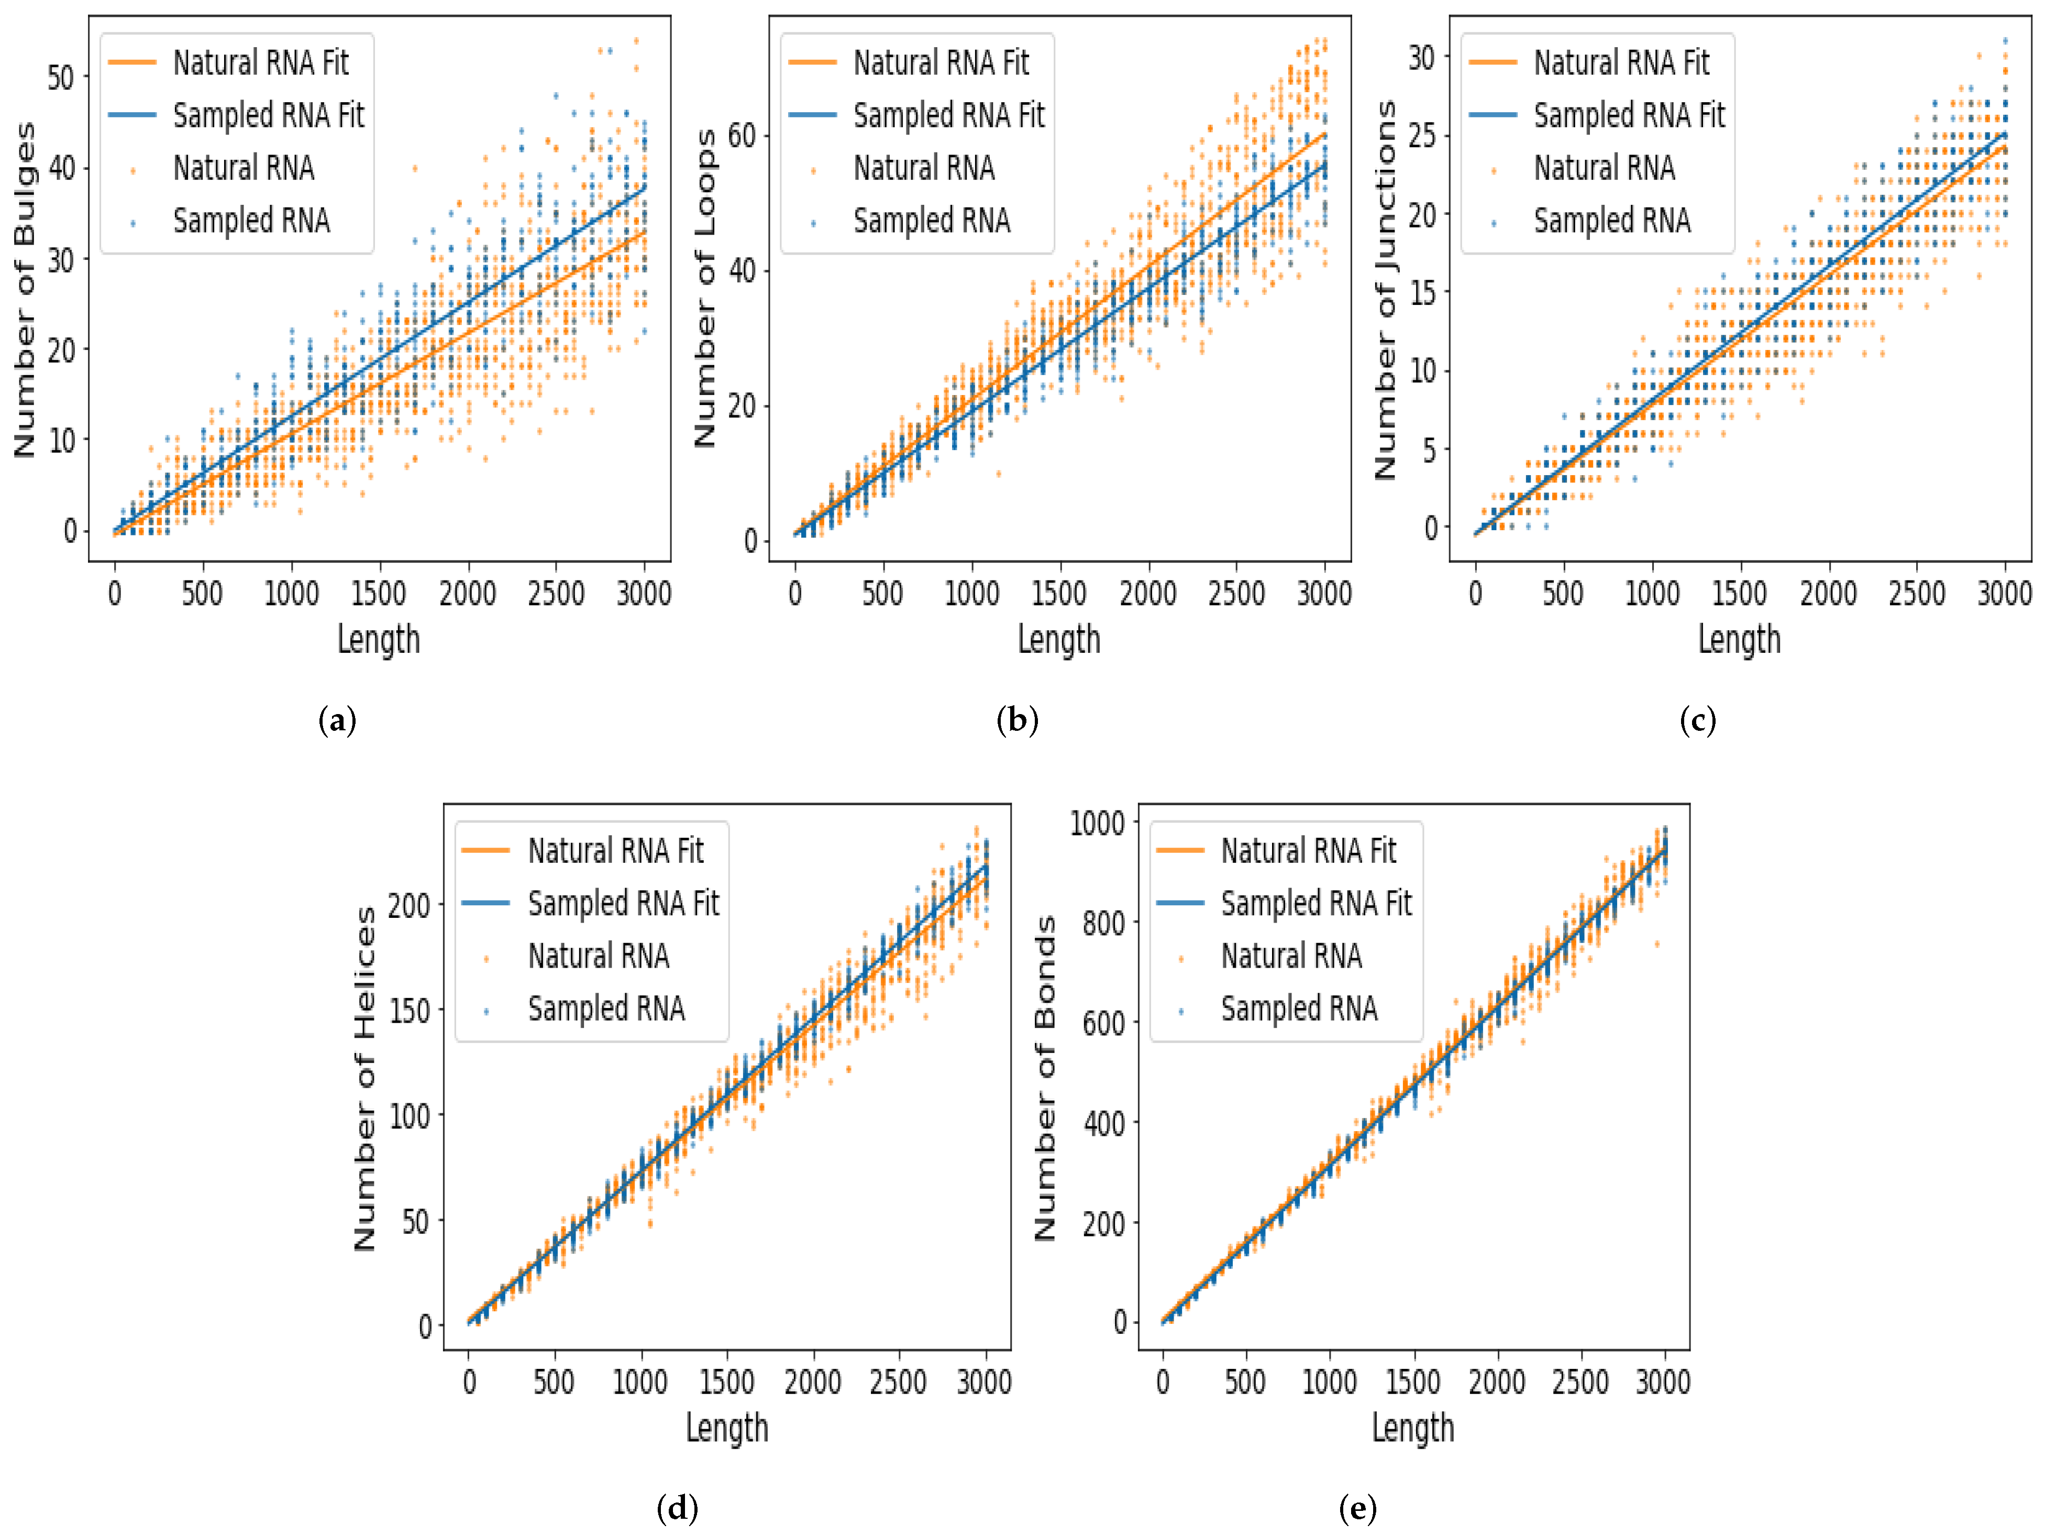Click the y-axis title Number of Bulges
click(25, 289)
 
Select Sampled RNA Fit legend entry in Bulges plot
click(268, 116)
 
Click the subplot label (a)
click(337, 720)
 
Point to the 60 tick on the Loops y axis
click(742, 136)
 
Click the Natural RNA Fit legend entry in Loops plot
click(940, 63)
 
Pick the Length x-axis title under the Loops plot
click(1058, 640)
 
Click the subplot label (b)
click(1017, 720)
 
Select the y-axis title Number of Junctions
click(1386, 289)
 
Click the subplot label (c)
click(1697, 720)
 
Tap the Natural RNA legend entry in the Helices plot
click(598, 956)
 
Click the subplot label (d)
click(677, 1509)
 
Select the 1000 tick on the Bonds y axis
click(1097, 823)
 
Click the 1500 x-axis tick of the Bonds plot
click(1412, 1383)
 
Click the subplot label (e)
click(1357, 1509)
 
